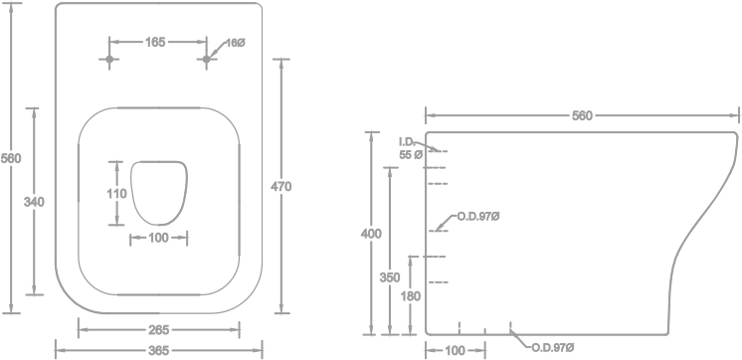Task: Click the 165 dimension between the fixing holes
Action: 155,42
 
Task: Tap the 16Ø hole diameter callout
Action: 235,43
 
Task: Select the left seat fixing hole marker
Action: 109,59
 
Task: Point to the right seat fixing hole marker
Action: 206,59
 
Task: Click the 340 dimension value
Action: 34,202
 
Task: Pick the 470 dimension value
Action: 281,186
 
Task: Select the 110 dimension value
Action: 116,194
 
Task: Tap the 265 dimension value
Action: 158,330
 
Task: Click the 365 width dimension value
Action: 158,350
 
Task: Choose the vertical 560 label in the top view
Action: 11,158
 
